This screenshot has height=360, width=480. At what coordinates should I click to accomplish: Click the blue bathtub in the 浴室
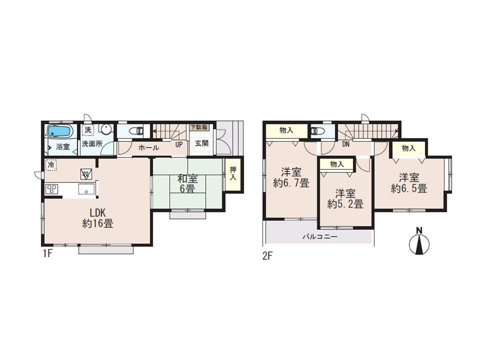point(60,131)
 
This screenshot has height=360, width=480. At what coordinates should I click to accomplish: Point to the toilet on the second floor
point(317,131)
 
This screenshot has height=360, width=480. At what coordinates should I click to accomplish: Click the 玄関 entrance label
point(202,143)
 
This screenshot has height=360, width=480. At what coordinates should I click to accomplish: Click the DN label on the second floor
point(345,145)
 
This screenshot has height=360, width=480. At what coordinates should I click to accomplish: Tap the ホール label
point(148,147)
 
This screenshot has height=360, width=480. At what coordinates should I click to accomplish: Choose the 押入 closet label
point(232,173)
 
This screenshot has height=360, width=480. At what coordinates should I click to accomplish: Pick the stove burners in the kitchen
point(52,189)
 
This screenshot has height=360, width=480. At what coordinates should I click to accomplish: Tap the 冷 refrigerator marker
point(50,163)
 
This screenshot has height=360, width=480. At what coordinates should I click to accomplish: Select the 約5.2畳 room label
point(345,198)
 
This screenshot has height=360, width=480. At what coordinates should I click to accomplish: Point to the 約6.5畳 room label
point(409,183)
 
